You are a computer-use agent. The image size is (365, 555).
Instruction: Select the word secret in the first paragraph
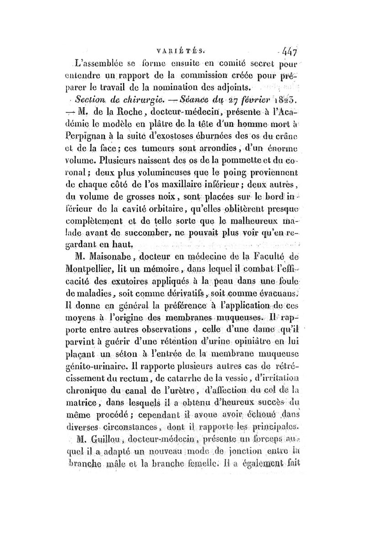(255, 62)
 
